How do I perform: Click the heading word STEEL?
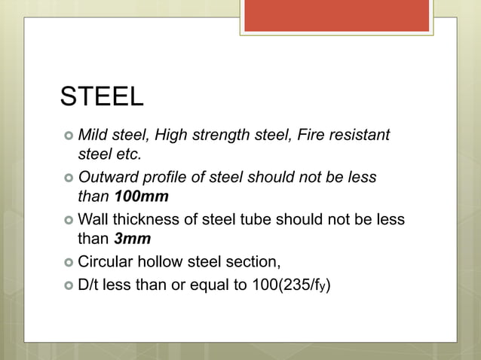(x=102, y=97)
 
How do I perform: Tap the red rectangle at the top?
(x=336, y=16)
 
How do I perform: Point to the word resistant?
(x=360, y=136)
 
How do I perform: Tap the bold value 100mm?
(x=141, y=197)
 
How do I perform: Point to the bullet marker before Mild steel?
(x=68, y=136)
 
